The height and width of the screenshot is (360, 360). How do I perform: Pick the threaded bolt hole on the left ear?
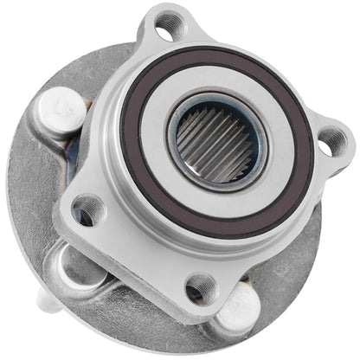87,211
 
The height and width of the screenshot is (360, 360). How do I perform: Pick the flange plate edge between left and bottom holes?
138,260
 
